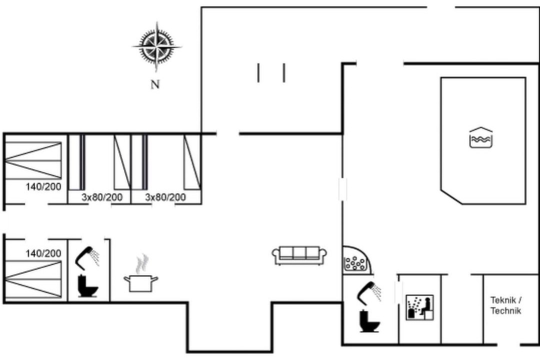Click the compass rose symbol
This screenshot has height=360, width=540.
(x=156, y=46)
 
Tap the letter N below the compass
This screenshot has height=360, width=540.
(x=155, y=84)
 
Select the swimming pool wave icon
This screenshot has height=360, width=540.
(x=481, y=137)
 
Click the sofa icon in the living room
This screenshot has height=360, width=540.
(x=299, y=255)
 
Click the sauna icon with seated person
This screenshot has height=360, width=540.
(x=419, y=307)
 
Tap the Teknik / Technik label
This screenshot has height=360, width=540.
(x=506, y=305)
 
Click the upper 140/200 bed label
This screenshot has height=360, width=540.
(x=43, y=186)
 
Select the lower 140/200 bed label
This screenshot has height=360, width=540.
(x=43, y=253)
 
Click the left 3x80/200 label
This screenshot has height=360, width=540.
(x=102, y=197)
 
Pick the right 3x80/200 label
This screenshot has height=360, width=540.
(x=165, y=197)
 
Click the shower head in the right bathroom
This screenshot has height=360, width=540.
(x=369, y=292)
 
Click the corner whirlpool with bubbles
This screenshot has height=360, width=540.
(x=357, y=261)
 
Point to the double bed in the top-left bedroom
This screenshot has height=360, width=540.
(x=33, y=160)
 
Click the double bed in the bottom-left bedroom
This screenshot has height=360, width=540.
(x=33, y=279)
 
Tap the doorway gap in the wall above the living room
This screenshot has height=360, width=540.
(x=228, y=133)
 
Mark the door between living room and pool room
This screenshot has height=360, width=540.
(x=342, y=189)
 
